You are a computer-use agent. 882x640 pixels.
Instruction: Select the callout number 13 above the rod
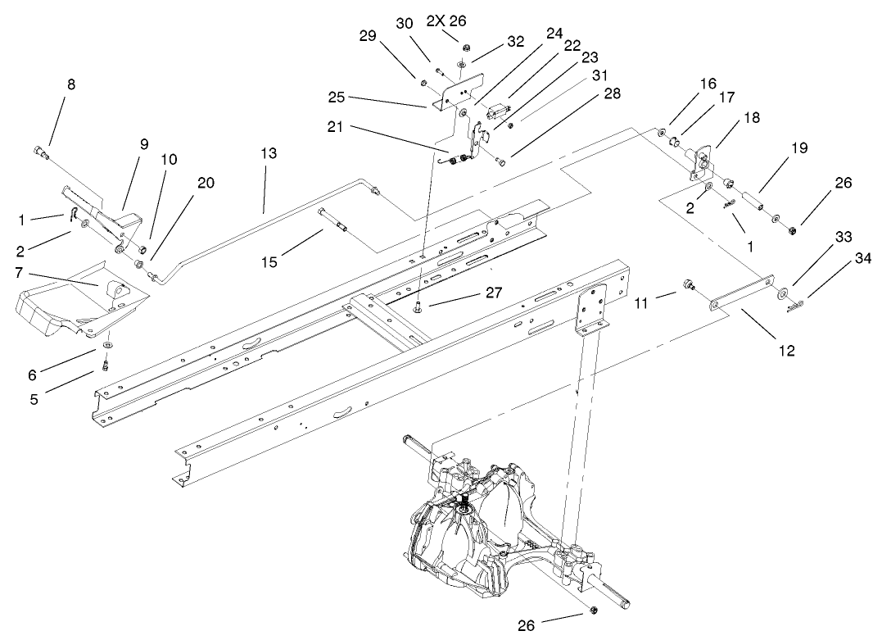click(x=269, y=153)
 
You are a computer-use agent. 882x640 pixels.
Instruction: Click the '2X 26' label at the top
click(x=446, y=21)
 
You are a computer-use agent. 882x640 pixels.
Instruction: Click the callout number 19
click(x=798, y=148)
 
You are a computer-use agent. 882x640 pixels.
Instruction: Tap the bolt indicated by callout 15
click(x=333, y=218)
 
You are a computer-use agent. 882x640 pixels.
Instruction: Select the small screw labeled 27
click(x=418, y=306)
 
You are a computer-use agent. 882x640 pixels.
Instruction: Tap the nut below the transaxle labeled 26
click(x=591, y=612)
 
